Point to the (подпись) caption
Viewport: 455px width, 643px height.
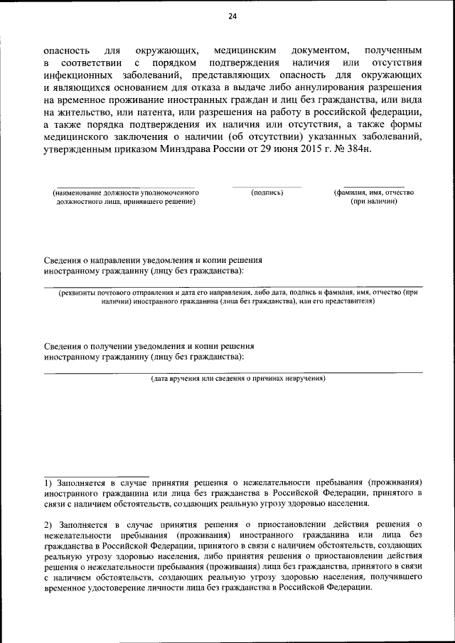pyautogui.click(x=267, y=193)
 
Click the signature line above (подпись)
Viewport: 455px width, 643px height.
pyautogui.click(x=267, y=187)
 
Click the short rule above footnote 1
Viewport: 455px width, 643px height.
pyautogui.click(x=96, y=475)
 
